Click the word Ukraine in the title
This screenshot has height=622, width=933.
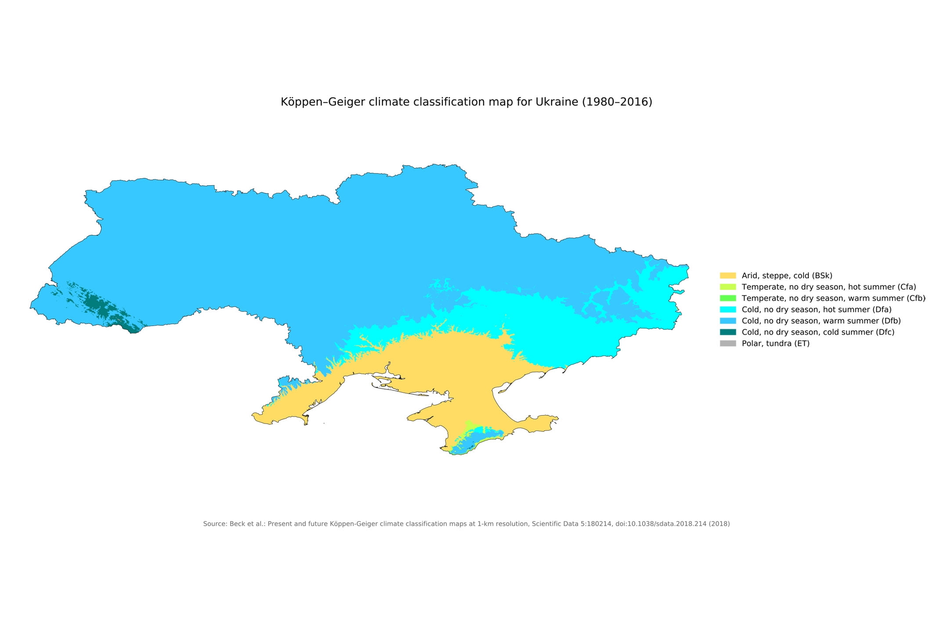click(x=557, y=102)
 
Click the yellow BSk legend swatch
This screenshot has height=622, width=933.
click(x=727, y=275)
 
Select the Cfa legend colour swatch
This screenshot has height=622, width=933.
click(x=727, y=287)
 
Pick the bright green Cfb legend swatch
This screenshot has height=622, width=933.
click(x=727, y=298)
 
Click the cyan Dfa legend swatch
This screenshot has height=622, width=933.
click(x=727, y=310)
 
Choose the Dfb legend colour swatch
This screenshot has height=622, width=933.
click(x=727, y=321)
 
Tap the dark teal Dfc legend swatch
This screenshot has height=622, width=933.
click(x=727, y=332)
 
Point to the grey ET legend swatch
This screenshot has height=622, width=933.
click(x=727, y=344)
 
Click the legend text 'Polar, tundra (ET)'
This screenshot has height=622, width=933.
click(x=775, y=344)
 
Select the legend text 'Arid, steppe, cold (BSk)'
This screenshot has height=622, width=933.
click(x=787, y=275)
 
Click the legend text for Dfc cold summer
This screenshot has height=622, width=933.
click(x=818, y=332)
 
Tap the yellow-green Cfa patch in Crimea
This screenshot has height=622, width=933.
click(x=469, y=426)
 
